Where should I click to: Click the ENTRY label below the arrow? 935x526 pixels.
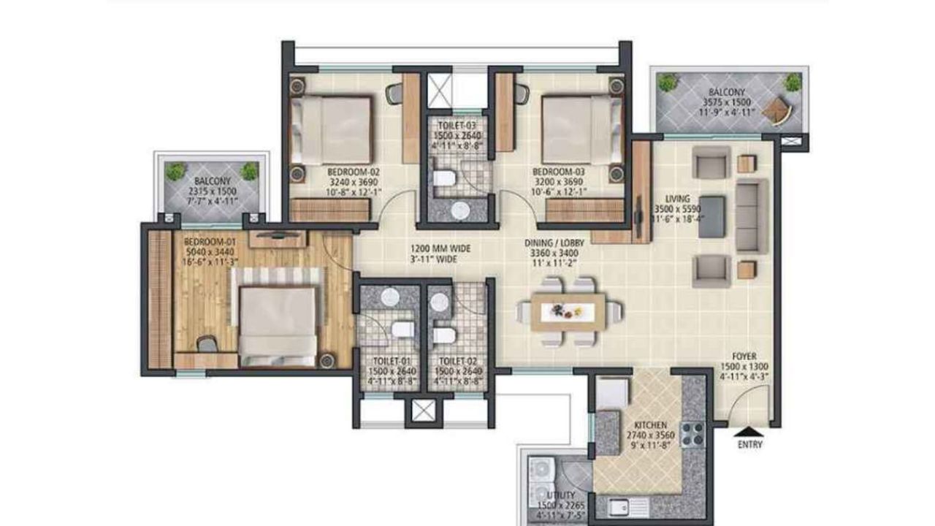pos(750,443)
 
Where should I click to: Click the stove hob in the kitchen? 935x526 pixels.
pos(692,434)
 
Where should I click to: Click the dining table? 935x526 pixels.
pos(568,311)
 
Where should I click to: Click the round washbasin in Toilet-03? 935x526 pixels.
pos(459,210)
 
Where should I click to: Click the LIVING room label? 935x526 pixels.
pos(677,198)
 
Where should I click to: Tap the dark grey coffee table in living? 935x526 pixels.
pos(711,216)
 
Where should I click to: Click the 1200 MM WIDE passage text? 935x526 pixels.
pos(440,248)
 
